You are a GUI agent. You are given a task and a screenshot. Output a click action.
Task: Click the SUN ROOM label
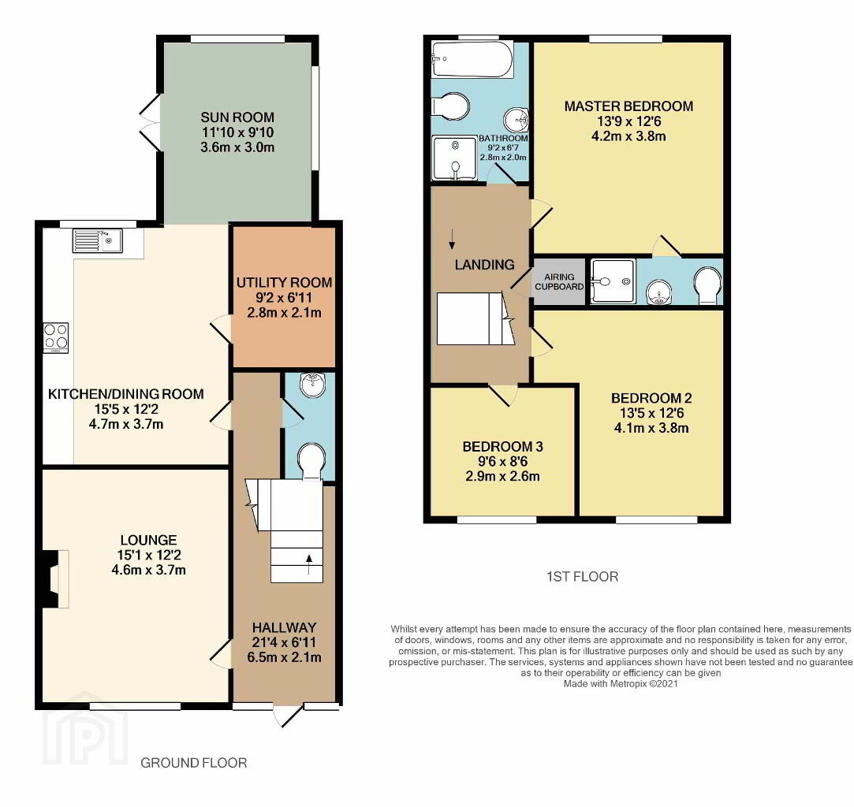(237, 117)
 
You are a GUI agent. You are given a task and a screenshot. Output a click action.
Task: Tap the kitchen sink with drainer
(98, 240)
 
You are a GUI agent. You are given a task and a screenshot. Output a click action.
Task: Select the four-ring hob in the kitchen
(56, 338)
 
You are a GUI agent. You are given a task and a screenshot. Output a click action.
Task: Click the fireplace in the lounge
(56, 578)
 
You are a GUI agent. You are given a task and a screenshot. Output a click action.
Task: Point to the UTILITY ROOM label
(285, 282)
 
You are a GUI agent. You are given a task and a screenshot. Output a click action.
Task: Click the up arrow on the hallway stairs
(309, 565)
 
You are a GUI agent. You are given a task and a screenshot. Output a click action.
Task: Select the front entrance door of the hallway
(288, 715)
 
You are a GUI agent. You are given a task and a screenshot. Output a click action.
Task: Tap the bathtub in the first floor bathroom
(472, 61)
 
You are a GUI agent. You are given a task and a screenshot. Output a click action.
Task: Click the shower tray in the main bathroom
(454, 158)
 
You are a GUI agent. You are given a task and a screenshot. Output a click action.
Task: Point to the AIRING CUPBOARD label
(559, 282)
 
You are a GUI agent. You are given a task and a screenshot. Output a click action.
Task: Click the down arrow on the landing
(452, 239)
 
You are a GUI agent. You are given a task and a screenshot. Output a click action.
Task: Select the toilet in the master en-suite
(709, 285)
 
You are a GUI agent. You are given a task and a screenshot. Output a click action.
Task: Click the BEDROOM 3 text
(503, 447)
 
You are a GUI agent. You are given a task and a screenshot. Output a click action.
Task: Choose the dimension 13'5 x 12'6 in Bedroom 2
(651, 413)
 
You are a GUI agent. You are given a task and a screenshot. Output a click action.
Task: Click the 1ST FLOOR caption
(582, 576)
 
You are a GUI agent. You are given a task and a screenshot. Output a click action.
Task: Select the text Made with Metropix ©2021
(621, 684)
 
